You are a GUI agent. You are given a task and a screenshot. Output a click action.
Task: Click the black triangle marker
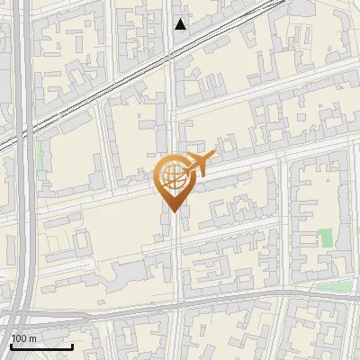click(181, 24)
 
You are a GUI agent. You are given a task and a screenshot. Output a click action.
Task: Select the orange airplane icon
click(198, 165)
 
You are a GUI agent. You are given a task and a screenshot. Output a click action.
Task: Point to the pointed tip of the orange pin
click(172, 211)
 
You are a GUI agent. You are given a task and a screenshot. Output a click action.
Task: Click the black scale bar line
click(41, 346)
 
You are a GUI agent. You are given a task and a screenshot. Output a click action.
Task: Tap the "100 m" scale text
click(24, 338)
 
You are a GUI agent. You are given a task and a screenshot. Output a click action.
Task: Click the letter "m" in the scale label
click(32, 338)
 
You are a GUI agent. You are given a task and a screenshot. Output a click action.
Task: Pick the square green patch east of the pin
click(326, 238)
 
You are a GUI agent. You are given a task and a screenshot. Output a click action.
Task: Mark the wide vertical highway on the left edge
click(24, 180)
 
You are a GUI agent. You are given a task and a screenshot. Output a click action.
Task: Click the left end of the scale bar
click(11, 346)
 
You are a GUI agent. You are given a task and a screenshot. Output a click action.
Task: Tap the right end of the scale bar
click(72, 346)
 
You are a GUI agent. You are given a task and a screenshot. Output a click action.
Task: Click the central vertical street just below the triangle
click(172, 45)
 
